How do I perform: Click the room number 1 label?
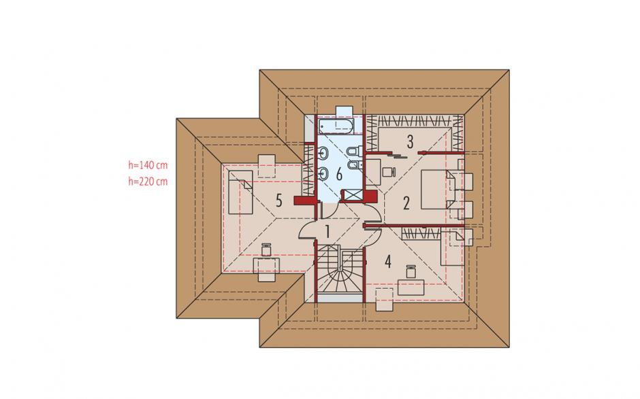pyautogui.click(x=327, y=232)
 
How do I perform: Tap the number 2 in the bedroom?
pyautogui.click(x=406, y=203)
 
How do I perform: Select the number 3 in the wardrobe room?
pyautogui.click(x=410, y=141)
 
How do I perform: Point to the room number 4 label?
pyautogui.click(x=388, y=262)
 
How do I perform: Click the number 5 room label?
pyautogui.click(x=278, y=201)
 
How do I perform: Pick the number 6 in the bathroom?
pyautogui.click(x=339, y=175)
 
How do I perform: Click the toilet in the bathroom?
pyautogui.click(x=353, y=152)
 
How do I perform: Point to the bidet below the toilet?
pyautogui.click(x=353, y=165)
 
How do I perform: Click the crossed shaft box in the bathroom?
pyautogui.click(x=353, y=196)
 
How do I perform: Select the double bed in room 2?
pyautogui.click(x=436, y=190)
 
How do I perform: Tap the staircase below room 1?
pyautogui.click(x=340, y=269)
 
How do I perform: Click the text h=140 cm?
pyautogui.click(x=148, y=165)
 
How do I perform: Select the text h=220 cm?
pyautogui.click(x=148, y=181)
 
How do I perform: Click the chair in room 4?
pyautogui.click(x=411, y=271)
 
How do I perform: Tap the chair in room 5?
pyautogui.click(x=267, y=249)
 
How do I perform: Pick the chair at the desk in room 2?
pyautogui.click(x=388, y=171)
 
